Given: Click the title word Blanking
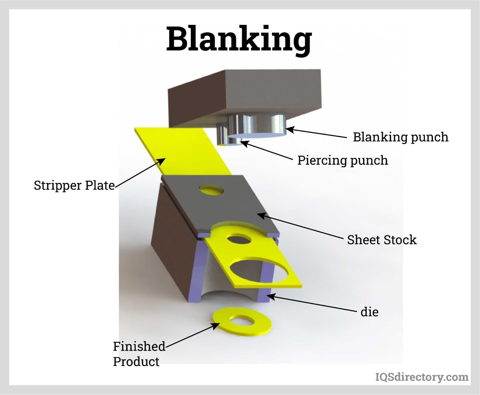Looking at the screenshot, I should [x=239, y=39].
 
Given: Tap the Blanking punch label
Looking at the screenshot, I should [x=400, y=137].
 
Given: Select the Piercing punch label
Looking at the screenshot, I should [x=343, y=160].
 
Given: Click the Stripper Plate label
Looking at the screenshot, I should [x=74, y=185].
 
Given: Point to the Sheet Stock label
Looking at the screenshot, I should [x=382, y=240].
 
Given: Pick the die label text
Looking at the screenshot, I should [x=369, y=312].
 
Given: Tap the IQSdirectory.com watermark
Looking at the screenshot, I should [x=422, y=377].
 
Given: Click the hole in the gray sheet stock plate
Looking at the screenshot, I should [x=211, y=190].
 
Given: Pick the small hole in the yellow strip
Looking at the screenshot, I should [x=239, y=239].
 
